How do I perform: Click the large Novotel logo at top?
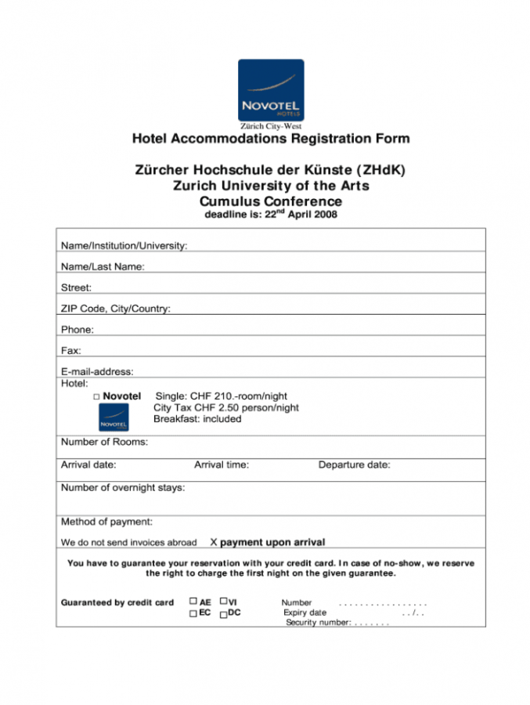pos(270,89)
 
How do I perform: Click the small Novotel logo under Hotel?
pos(114,418)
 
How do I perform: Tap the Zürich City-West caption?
pos(270,126)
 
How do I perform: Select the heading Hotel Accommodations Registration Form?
pos(270,139)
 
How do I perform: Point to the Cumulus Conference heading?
pos(270,201)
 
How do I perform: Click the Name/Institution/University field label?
pos(124,246)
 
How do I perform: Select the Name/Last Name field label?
pos(103,267)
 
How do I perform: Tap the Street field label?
pos(76,287)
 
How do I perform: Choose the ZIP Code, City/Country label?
pos(115,309)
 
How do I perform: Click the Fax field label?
pos(70,351)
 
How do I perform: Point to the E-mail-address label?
pos(97,371)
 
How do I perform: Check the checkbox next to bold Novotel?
pos(96,397)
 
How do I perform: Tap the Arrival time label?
pos(222,465)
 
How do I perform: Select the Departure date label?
pos(354,465)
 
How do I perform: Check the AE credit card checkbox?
pos(193,602)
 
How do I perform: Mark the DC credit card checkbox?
pos(223,613)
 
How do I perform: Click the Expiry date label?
pos(305,613)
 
